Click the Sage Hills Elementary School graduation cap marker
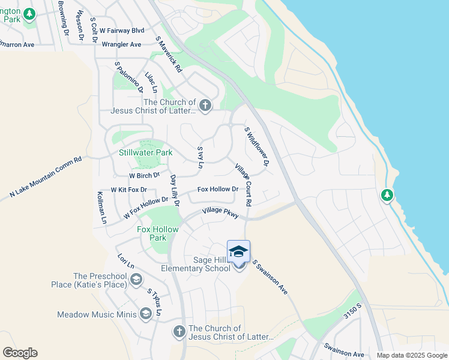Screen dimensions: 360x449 tap(238, 252)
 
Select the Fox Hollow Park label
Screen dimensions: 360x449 tap(158, 233)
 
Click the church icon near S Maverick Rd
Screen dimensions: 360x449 tap(205, 106)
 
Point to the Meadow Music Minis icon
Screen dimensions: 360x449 tap(145, 314)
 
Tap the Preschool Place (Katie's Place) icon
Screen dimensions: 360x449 tap(136, 280)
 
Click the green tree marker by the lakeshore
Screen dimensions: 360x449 tap(387, 195)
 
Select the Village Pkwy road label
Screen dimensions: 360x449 tap(220, 211)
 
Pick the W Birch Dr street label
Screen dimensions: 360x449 tap(145, 175)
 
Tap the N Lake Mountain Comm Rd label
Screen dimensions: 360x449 tap(45, 178)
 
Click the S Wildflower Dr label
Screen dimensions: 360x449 tap(256, 146)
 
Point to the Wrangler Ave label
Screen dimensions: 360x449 tap(121, 44)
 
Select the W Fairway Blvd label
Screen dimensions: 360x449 tap(122, 30)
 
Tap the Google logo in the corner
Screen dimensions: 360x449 tap(20, 353)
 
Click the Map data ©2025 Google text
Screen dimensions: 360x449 tap(412, 355)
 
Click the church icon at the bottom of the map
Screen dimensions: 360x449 tap(179, 331)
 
